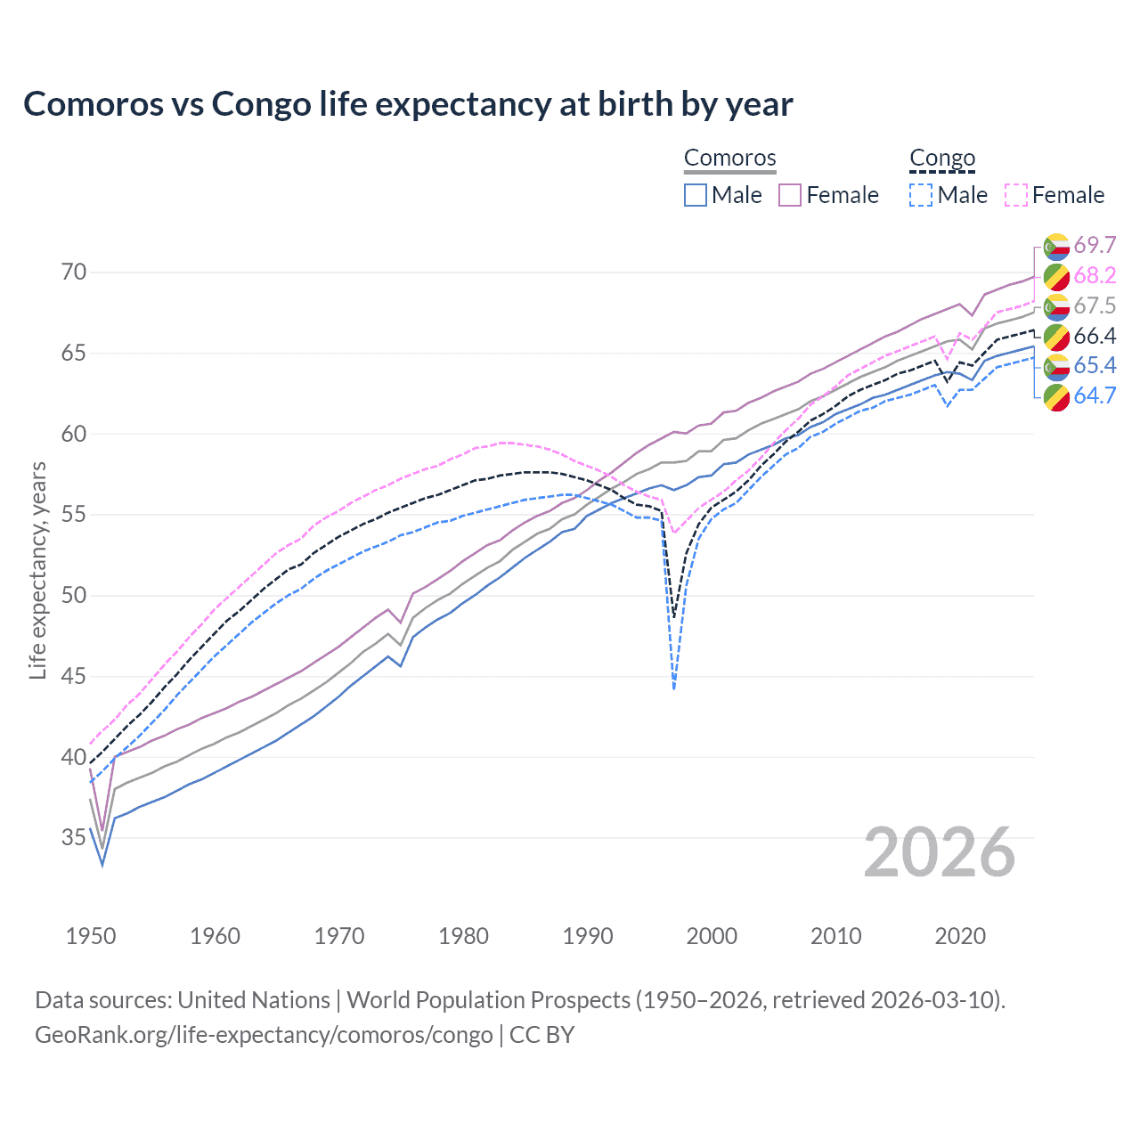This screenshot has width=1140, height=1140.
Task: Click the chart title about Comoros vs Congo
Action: (408, 104)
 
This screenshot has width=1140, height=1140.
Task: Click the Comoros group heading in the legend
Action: (729, 158)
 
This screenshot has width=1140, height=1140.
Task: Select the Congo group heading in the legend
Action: (942, 158)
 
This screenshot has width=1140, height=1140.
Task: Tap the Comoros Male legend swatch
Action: (696, 195)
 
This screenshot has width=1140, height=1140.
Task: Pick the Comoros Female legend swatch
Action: (790, 195)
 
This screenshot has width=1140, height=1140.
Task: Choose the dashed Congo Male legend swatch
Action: (921, 195)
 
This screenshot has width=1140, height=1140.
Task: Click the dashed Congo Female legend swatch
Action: (1016, 195)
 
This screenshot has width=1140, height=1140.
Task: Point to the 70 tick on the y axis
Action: (74, 272)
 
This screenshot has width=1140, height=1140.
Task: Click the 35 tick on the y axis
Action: (74, 838)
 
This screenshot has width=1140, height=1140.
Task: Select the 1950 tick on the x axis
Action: (91, 936)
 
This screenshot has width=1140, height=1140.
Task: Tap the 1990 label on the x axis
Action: (588, 936)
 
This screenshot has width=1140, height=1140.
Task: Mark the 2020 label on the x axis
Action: (960, 936)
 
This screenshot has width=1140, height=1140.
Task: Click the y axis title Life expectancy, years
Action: (37, 570)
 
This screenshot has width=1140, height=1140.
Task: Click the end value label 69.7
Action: (1095, 246)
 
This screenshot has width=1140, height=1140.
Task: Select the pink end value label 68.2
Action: (1095, 276)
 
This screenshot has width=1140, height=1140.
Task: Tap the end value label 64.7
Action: (1095, 396)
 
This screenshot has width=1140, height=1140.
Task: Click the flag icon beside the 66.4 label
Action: (1056, 337)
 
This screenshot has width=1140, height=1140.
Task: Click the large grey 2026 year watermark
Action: (940, 852)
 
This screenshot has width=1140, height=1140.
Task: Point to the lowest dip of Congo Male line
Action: (674, 688)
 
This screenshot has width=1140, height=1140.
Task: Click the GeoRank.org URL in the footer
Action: (264, 1035)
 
